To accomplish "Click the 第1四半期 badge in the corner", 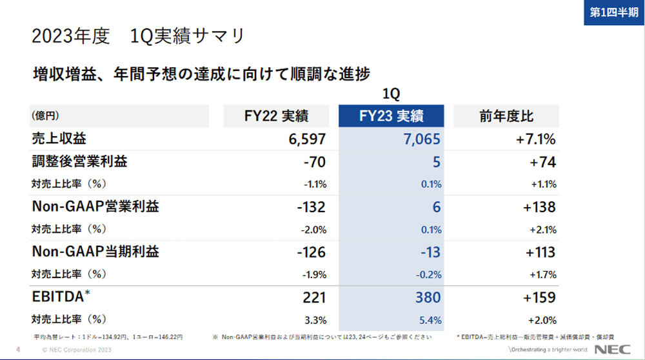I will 613,12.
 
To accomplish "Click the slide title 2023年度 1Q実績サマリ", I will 138,36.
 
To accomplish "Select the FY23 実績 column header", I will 391,116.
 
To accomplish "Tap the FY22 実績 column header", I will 276,116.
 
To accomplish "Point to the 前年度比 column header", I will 506,116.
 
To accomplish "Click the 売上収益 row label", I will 59,139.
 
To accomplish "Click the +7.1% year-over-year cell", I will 536,139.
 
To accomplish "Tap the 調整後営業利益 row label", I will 79,161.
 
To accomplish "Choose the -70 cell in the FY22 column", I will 314,162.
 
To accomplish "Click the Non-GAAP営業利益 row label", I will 95,206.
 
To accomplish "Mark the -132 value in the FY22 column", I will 310,207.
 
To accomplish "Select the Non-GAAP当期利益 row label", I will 95,252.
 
